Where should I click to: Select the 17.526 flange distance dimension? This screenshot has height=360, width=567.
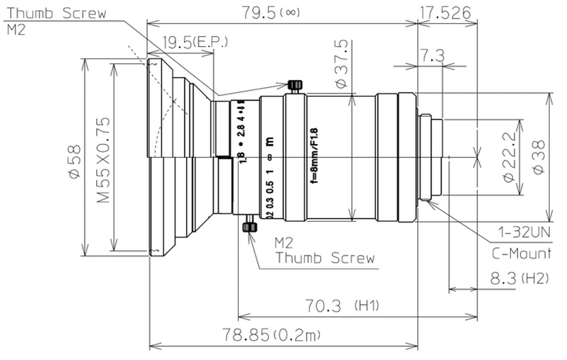(x=445, y=13)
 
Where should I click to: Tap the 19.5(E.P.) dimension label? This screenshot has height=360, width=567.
(x=195, y=42)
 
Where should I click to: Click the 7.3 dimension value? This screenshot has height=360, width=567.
(x=432, y=56)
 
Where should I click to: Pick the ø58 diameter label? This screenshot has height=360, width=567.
(x=75, y=162)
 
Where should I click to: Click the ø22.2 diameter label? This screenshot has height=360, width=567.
(x=509, y=157)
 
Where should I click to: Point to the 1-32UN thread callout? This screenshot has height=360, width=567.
(x=524, y=233)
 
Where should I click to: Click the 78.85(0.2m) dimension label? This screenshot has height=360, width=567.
(x=271, y=335)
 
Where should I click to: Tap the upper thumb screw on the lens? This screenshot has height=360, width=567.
(x=295, y=85)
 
